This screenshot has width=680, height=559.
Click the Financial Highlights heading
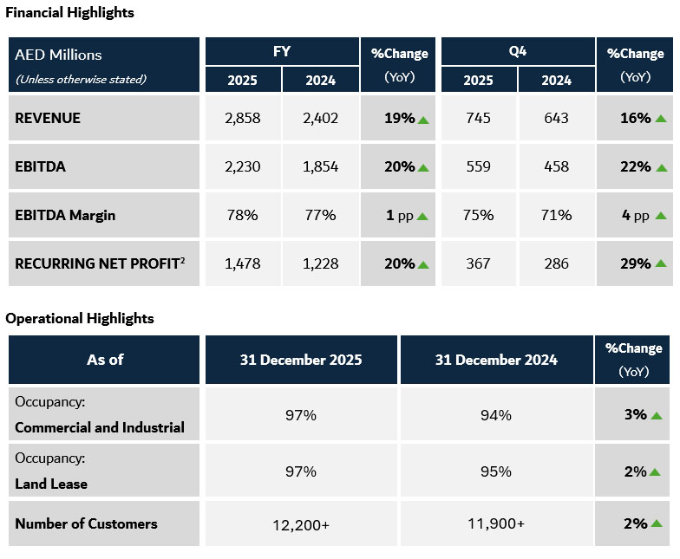tap(70, 14)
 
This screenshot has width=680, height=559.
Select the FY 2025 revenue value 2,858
tap(242, 118)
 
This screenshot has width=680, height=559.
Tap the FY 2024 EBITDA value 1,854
tap(320, 166)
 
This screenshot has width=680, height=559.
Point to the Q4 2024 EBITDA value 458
tap(556, 166)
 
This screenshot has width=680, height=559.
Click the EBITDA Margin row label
tap(65, 215)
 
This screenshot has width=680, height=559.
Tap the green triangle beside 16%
tap(661, 118)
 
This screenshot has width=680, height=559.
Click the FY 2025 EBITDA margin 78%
tap(242, 215)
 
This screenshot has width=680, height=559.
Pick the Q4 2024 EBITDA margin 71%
tap(556, 215)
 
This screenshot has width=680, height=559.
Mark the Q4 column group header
tap(517, 51)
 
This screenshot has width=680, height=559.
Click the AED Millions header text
tap(58, 55)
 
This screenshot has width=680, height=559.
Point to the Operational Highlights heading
tap(80, 318)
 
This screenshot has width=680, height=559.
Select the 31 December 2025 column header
tap(301, 360)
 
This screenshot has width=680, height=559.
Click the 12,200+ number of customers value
tap(301, 523)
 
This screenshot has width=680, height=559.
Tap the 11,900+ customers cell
tap(496, 523)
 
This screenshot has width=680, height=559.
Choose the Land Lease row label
tap(51, 484)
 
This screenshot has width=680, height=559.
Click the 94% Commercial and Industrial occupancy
tap(496, 415)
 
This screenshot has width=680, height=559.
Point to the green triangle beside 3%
tap(656, 415)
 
